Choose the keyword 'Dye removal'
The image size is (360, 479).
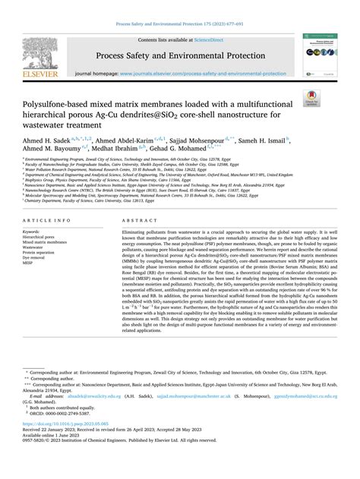(x=35, y=258)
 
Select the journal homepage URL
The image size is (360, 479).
(x=210, y=73)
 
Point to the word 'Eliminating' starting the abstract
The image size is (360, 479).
(x=135, y=231)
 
